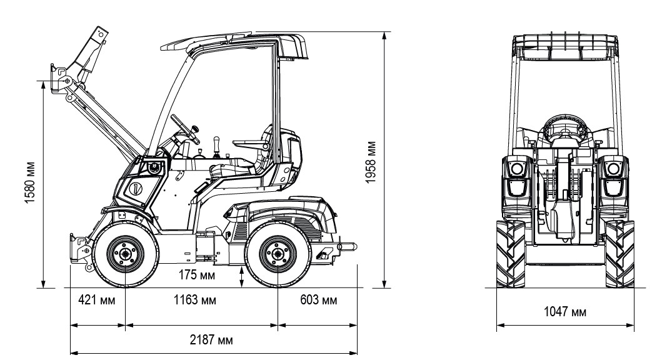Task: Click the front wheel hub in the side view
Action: coord(124,254)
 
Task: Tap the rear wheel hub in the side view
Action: coord(278,254)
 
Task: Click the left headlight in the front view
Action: coord(517,169)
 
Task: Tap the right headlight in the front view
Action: coord(614,169)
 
